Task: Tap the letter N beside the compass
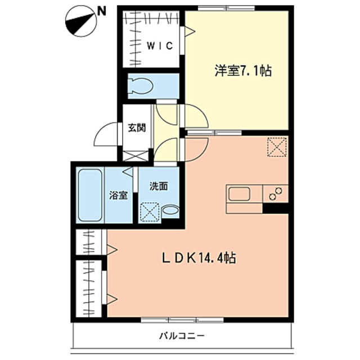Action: (x=101, y=10)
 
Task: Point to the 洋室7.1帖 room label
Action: (x=243, y=71)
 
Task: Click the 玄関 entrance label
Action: (x=136, y=127)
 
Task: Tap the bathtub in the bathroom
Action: (x=90, y=194)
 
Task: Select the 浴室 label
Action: (x=118, y=196)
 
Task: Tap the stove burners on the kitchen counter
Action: (x=276, y=194)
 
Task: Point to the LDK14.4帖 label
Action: (x=198, y=258)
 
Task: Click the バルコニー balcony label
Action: (x=181, y=336)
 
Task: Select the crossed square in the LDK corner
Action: (x=277, y=147)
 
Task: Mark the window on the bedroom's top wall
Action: (x=219, y=7)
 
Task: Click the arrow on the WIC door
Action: (x=190, y=33)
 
